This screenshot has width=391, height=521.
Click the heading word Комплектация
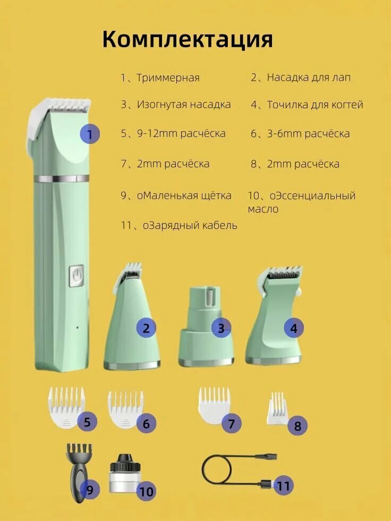tap(188, 39)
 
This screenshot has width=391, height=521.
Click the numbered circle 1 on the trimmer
tap(90, 134)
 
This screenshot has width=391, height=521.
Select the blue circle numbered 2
tap(146, 328)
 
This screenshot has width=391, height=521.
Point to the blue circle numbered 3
tap(221, 328)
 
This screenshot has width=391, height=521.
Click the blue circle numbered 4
tap(293, 328)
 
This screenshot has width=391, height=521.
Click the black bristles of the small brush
tap(79, 452)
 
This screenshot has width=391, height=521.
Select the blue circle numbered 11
tap(283, 485)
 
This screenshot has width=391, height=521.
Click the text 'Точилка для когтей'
tap(314, 105)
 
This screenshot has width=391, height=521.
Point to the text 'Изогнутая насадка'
tap(183, 105)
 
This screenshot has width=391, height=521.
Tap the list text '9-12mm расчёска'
tap(181, 133)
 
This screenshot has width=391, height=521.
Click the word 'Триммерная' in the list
tap(168, 78)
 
